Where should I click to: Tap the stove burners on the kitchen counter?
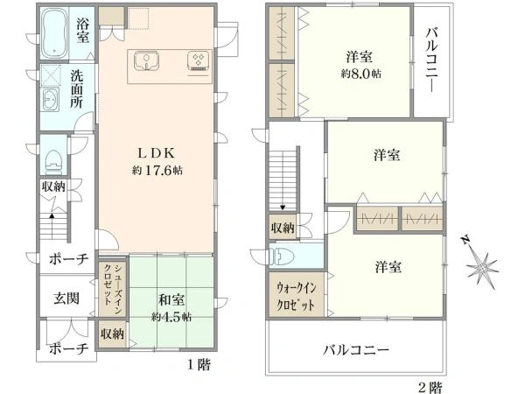click(x=195, y=61)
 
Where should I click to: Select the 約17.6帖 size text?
click(x=157, y=168)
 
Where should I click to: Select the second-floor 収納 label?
click(x=282, y=229)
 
